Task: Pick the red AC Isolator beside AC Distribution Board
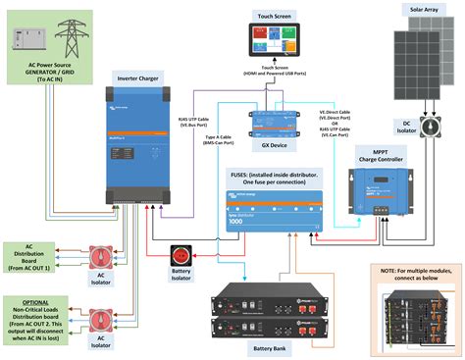[100, 257]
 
